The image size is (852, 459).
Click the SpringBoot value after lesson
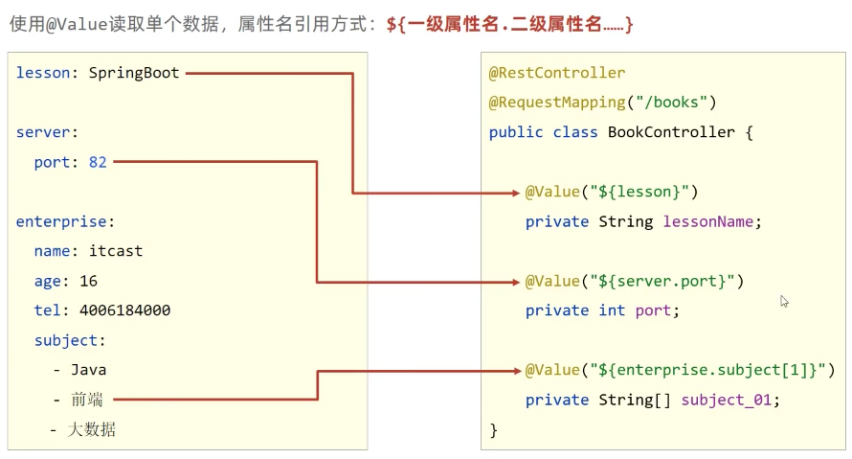[x=134, y=73]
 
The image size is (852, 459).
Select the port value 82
[x=98, y=162]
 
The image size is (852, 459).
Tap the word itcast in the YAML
[x=115, y=251]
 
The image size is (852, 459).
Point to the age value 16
[x=89, y=281]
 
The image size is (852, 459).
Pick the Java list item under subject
[x=87, y=370]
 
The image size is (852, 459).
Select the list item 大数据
[x=92, y=429]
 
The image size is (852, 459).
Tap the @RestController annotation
[x=557, y=73]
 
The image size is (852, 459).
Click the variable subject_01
[x=726, y=400]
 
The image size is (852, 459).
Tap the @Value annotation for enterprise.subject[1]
[x=681, y=370]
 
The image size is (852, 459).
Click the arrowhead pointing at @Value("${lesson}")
[x=516, y=193]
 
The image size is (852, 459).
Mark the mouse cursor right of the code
[x=784, y=301]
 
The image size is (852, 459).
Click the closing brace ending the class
[x=494, y=429]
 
